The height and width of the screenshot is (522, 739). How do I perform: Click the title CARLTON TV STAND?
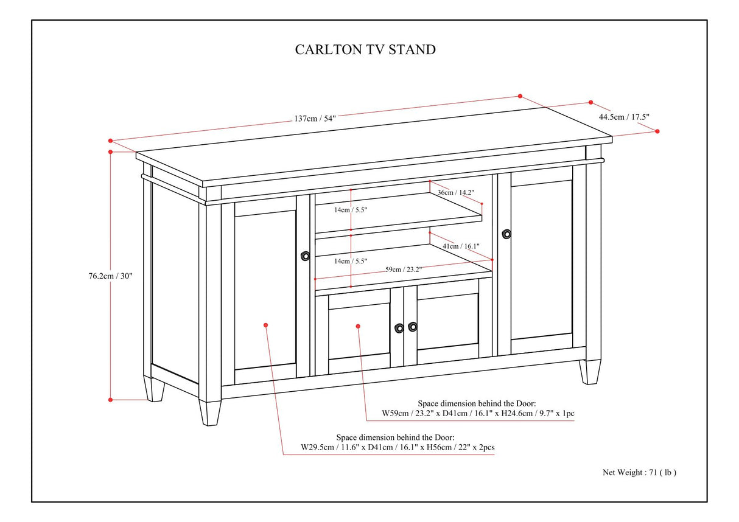coord(365,49)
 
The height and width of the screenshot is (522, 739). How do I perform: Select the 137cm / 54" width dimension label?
coord(315,119)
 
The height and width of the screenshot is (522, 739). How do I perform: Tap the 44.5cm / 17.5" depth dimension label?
coord(620,116)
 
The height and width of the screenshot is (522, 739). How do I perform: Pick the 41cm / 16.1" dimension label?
coord(461,246)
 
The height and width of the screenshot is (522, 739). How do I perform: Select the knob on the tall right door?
coord(506,234)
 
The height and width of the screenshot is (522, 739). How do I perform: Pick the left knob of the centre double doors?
coord(399,328)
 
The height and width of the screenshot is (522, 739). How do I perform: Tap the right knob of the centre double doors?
coord(413,327)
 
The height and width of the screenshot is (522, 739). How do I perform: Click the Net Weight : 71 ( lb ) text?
coord(639,472)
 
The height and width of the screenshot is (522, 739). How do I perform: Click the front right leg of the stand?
coord(589,372)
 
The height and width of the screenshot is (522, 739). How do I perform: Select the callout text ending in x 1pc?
coord(478,413)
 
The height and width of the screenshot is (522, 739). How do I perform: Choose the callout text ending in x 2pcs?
coord(398,447)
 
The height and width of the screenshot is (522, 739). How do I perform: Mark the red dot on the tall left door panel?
coord(266,325)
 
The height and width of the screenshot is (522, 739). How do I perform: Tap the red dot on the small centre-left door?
coord(358,327)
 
